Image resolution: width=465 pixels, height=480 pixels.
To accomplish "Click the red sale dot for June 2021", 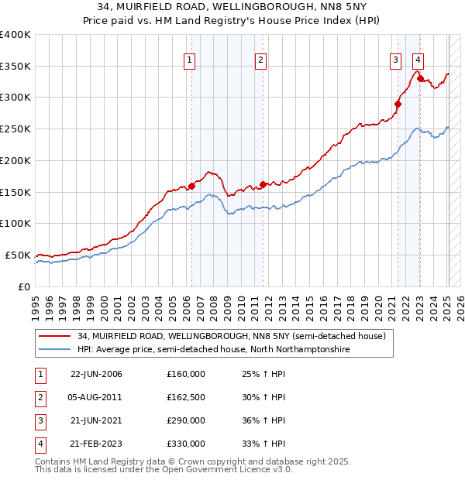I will pos(398,103).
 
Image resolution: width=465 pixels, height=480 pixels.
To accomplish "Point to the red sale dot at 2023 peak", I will pos(420,78).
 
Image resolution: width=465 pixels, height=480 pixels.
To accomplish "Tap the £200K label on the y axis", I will pos(15,160).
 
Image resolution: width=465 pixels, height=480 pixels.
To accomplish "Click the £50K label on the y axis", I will pos(19,255).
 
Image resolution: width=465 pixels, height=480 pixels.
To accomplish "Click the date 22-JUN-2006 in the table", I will pos(96,374).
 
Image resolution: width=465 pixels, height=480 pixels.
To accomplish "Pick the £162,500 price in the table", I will pos(185,397).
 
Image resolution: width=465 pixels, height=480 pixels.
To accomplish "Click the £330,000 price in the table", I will pos(185,444).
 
